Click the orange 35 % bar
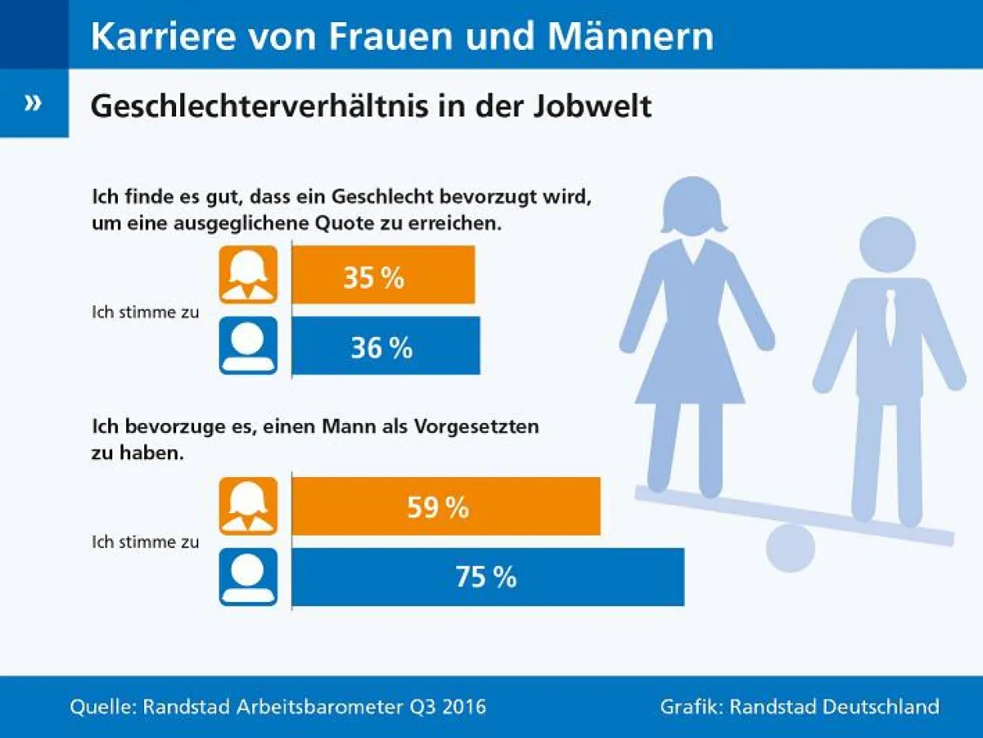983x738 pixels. pyautogui.click(x=383, y=275)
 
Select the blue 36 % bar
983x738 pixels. pyautogui.click(x=386, y=346)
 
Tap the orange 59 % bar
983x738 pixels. pyautogui.click(x=446, y=506)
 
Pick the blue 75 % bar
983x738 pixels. pyautogui.click(x=487, y=576)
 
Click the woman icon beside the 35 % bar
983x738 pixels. pyautogui.click(x=248, y=275)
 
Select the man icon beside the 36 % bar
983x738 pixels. pyautogui.click(x=248, y=346)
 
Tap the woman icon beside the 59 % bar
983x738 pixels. pyautogui.click(x=248, y=506)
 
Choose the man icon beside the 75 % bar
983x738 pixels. pyautogui.click(x=248, y=576)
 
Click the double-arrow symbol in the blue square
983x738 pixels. pyautogui.click(x=33, y=103)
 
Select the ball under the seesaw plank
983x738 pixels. pyautogui.click(x=791, y=548)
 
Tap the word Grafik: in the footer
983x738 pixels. pyautogui.click(x=691, y=706)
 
